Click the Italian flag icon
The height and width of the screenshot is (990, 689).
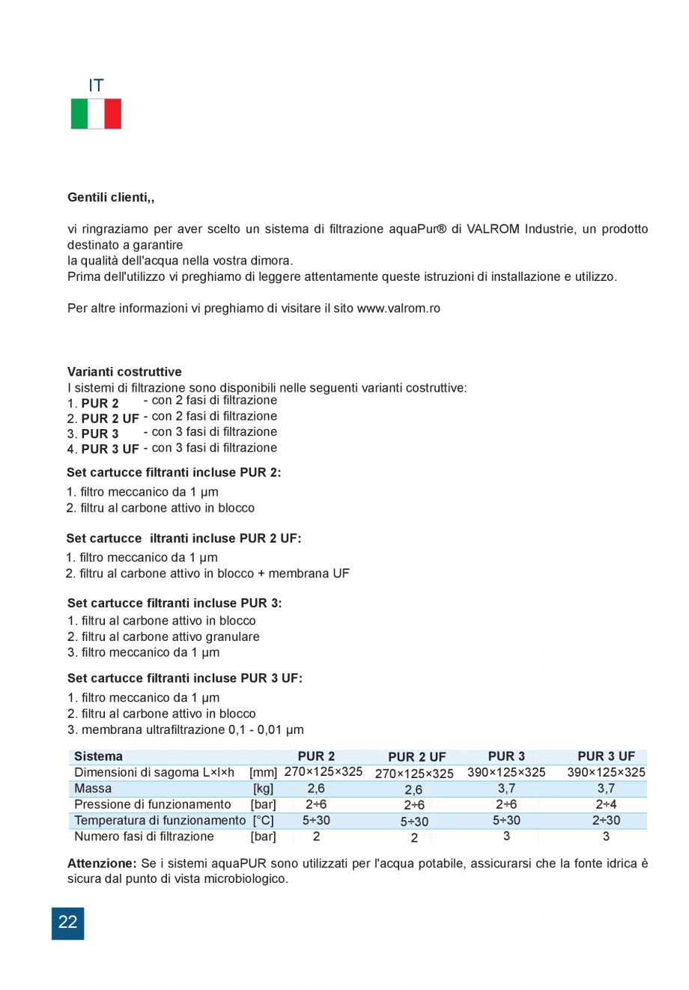point(96,114)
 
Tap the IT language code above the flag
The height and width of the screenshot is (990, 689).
point(96,86)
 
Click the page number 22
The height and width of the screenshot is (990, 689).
point(67,923)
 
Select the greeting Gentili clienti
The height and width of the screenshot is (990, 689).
point(111,198)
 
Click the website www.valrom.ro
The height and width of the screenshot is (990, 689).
point(398,309)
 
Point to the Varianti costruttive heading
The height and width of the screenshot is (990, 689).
point(124,372)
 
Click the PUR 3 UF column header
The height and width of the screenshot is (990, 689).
point(606,756)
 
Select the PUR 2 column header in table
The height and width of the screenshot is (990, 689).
point(316,756)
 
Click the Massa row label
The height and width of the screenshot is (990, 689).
point(93,789)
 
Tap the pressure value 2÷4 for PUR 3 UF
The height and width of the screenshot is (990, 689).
point(605,805)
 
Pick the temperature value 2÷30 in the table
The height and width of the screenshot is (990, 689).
point(605,821)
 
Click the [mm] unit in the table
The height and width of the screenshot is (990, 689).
point(263,773)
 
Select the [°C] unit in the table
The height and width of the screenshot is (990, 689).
point(263,821)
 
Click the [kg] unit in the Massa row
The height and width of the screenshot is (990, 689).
point(263,789)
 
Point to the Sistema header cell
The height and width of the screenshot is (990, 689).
point(98,756)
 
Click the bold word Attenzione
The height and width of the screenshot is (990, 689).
point(102,863)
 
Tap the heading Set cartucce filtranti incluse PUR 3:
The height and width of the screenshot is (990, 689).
point(174,604)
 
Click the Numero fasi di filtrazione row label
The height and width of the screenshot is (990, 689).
point(144,836)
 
